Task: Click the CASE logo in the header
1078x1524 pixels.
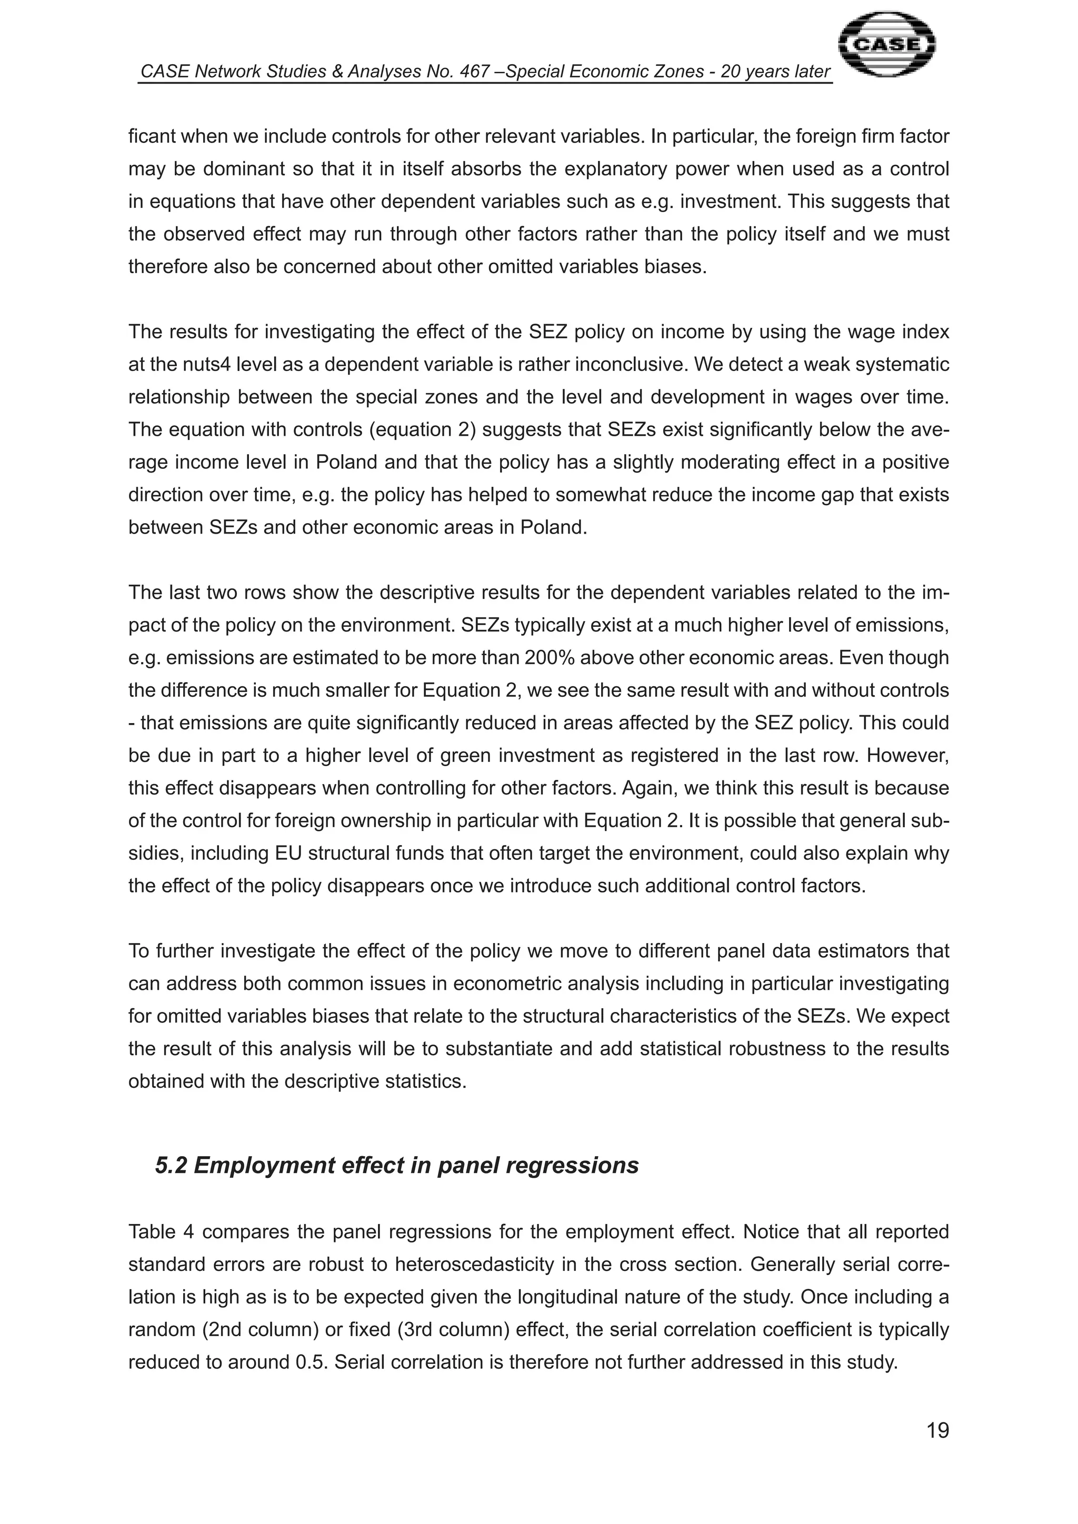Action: coord(887,45)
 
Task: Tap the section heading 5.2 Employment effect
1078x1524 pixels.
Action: coord(396,1165)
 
